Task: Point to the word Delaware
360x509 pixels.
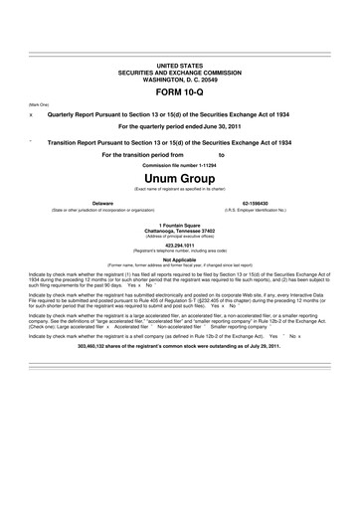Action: [x=102, y=202]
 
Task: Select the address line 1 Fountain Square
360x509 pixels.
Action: [x=179, y=225]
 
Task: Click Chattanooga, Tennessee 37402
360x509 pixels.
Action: [x=179, y=231]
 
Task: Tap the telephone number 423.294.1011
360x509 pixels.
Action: [x=179, y=244]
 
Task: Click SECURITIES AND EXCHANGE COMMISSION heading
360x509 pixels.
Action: [x=179, y=71]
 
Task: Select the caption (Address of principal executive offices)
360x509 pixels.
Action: [x=179, y=237]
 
